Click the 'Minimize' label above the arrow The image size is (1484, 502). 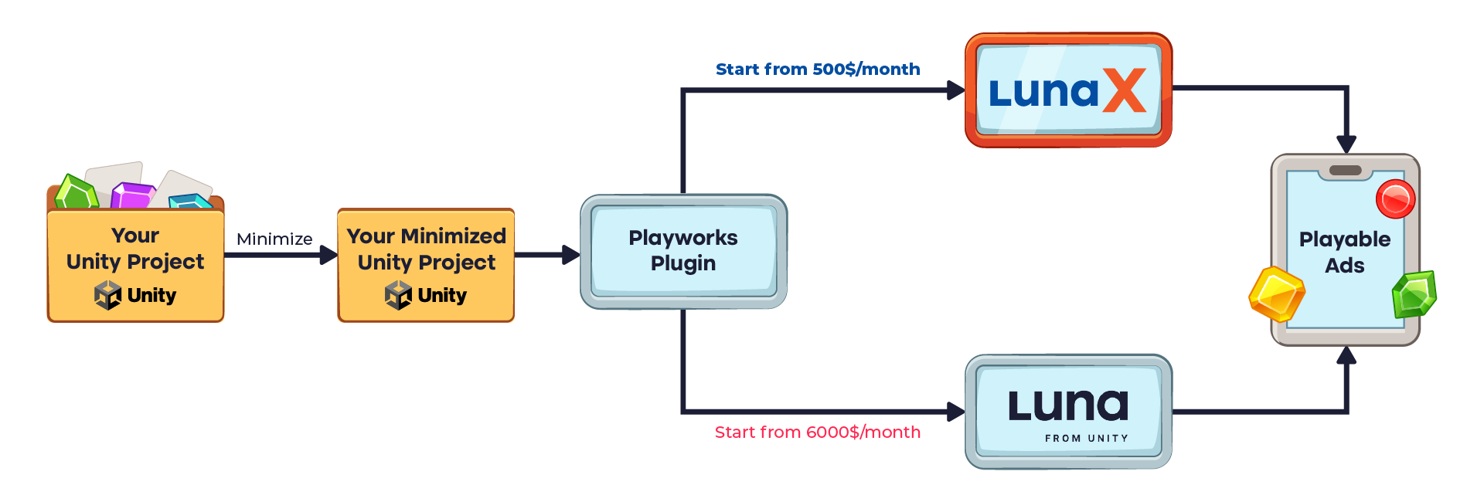[274, 239]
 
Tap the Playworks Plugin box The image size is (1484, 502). [683, 251]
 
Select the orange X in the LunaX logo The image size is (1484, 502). [1124, 91]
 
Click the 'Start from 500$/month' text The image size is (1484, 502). [818, 70]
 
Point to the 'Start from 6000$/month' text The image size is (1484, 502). [818, 432]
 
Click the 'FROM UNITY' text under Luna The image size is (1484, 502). [1086, 439]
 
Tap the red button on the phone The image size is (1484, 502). [1395, 199]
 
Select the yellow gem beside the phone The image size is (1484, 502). [1277, 293]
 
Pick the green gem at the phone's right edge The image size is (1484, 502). [1414, 294]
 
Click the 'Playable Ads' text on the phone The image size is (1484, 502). [1345, 253]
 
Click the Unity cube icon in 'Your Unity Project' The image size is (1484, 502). [107, 295]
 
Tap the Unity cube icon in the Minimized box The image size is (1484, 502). [398, 295]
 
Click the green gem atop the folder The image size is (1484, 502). [77, 192]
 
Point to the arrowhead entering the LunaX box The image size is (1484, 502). [956, 90]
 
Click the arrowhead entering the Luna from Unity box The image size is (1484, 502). [956, 412]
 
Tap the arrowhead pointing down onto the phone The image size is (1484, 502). [1346, 144]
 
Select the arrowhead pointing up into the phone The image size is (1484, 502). [1346, 355]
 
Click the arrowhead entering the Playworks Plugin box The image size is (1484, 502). [571, 255]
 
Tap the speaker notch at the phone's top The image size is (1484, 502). [1345, 171]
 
